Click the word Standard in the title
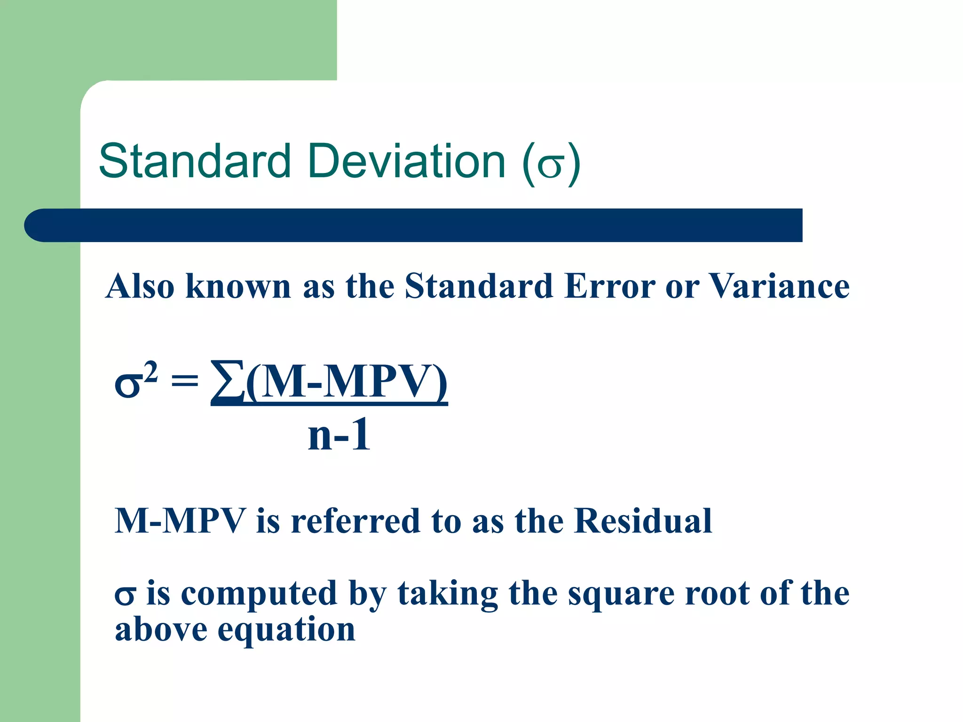(x=195, y=161)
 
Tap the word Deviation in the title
(x=407, y=161)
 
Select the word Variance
(x=779, y=286)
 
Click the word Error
(x=609, y=286)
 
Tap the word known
(x=238, y=286)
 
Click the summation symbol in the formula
(x=228, y=381)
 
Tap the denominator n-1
(x=339, y=435)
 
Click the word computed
(x=259, y=594)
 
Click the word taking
(x=448, y=594)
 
